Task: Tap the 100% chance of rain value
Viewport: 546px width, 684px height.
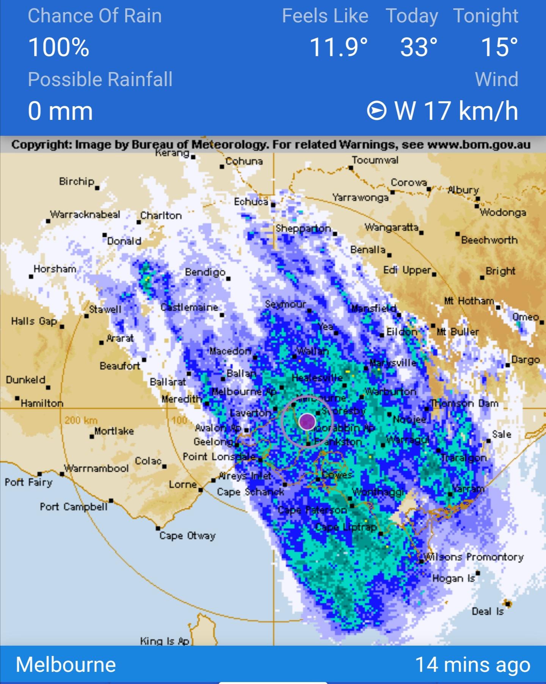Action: pyautogui.click(x=58, y=47)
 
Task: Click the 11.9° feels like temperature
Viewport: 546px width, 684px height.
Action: pyautogui.click(x=339, y=47)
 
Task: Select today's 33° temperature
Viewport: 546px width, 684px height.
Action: pyautogui.click(x=419, y=47)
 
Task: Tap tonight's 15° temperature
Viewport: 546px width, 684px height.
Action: pyautogui.click(x=499, y=47)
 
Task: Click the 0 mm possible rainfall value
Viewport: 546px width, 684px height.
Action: pyautogui.click(x=60, y=111)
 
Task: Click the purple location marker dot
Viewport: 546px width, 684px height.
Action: pyautogui.click(x=307, y=421)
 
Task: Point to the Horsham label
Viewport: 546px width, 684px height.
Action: pyautogui.click(x=55, y=269)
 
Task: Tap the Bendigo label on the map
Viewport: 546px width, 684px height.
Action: pyautogui.click(x=205, y=272)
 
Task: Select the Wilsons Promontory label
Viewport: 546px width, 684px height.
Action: pyautogui.click(x=474, y=557)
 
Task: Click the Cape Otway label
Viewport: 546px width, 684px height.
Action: pyautogui.click(x=187, y=536)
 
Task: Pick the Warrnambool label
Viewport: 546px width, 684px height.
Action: pyautogui.click(x=97, y=469)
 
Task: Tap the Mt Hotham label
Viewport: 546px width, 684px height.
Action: pyautogui.click(x=469, y=301)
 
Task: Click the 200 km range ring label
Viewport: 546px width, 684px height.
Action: pyautogui.click(x=81, y=420)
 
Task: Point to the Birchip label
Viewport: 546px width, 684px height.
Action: pyautogui.click(x=77, y=182)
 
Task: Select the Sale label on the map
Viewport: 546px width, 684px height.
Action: pyautogui.click(x=502, y=434)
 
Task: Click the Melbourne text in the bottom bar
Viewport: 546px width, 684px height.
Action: pyautogui.click(x=66, y=665)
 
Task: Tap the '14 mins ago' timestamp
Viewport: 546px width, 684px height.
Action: pyautogui.click(x=472, y=665)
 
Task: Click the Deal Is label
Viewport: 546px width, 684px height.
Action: pyautogui.click(x=488, y=612)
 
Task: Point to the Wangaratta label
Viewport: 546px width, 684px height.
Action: pyautogui.click(x=392, y=227)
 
